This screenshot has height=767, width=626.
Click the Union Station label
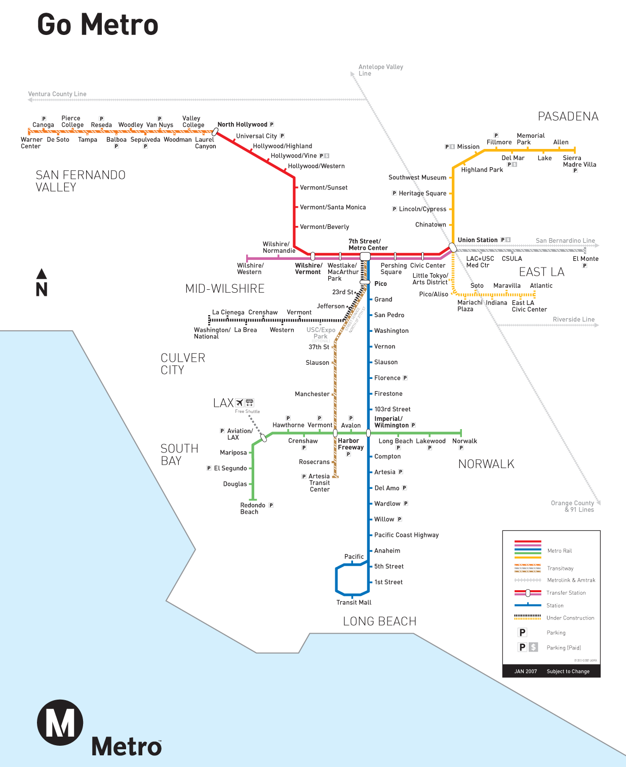[477, 240]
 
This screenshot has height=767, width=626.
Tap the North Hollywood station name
[242, 125]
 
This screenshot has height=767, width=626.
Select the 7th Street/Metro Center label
[368, 245]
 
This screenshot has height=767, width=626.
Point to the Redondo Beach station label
[252, 509]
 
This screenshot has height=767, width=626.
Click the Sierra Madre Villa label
[579, 161]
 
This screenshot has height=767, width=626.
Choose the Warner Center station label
[31, 143]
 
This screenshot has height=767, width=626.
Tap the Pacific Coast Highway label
[406, 535]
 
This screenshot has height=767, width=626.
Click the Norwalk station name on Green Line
[464, 441]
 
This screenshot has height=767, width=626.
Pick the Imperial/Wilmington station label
[391, 422]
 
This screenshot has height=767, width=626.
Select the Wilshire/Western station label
[250, 269]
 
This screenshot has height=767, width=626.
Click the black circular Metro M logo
[60, 723]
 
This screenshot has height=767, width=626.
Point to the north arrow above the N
[42, 274]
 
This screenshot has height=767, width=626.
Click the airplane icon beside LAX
[240, 403]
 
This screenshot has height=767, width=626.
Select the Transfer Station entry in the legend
[566, 593]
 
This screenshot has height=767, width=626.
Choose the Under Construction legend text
[570, 618]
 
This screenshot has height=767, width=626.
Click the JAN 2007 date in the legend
[525, 671]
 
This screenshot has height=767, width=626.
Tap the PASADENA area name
[568, 117]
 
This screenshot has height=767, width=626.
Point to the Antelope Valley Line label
[380, 70]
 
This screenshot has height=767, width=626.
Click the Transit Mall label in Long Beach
[354, 602]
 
